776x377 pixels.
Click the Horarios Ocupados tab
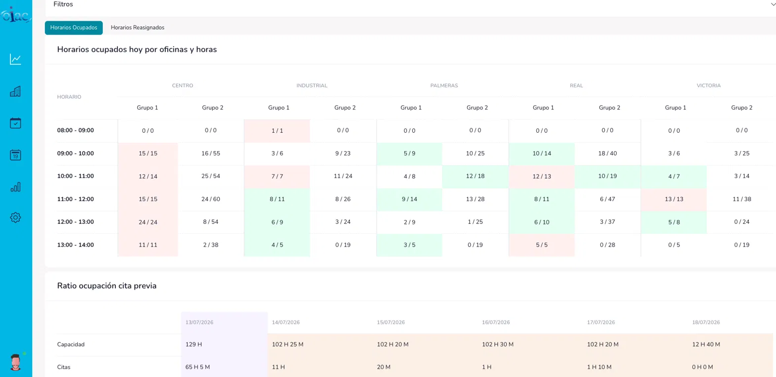pos(73,27)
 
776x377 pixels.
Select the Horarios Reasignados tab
pos(138,27)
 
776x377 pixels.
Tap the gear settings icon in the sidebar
pos(15,217)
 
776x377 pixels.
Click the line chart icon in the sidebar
pos(15,59)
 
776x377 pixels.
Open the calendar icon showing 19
pos(15,155)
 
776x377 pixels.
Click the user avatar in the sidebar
pos(16,362)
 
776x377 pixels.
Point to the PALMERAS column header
pos(444,85)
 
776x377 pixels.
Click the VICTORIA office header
pos(709,85)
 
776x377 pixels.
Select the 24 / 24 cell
pos(148,222)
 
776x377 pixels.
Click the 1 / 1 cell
pos(277,131)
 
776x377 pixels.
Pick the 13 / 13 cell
pos(674,199)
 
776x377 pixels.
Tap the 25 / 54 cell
pos(211,176)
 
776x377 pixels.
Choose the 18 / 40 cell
pos(607,153)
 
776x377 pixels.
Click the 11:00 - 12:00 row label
pos(76,199)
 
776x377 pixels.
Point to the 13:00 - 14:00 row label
pos(76,245)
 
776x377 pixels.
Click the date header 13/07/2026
pos(199,322)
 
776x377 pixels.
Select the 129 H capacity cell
pos(194,344)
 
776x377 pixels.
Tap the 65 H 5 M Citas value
pos(197,367)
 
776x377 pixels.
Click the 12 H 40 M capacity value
pos(706,344)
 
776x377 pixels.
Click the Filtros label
pos(63,4)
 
